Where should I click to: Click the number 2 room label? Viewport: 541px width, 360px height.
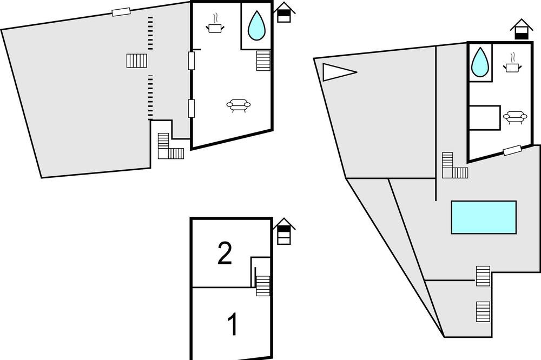(x=225, y=254)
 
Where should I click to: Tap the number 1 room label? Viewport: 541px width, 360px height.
(x=233, y=324)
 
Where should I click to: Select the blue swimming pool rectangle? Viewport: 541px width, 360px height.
(x=484, y=217)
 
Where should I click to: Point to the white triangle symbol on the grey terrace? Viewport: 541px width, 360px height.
(x=339, y=72)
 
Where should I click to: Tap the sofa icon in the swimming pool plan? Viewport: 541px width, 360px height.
(x=515, y=117)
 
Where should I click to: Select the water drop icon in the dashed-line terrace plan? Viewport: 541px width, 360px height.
(x=256, y=25)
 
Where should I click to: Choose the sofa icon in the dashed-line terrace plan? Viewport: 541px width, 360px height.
(x=239, y=105)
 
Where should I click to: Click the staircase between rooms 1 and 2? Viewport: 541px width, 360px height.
(x=263, y=285)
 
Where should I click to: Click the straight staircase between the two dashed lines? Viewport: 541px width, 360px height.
(x=137, y=61)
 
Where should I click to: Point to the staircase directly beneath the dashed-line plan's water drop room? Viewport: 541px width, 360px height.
(x=263, y=61)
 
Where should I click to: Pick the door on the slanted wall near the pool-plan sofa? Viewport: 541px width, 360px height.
(x=512, y=150)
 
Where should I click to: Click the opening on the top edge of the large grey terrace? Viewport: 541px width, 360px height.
(x=121, y=12)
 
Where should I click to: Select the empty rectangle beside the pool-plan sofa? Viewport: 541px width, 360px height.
(x=484, y=118)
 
